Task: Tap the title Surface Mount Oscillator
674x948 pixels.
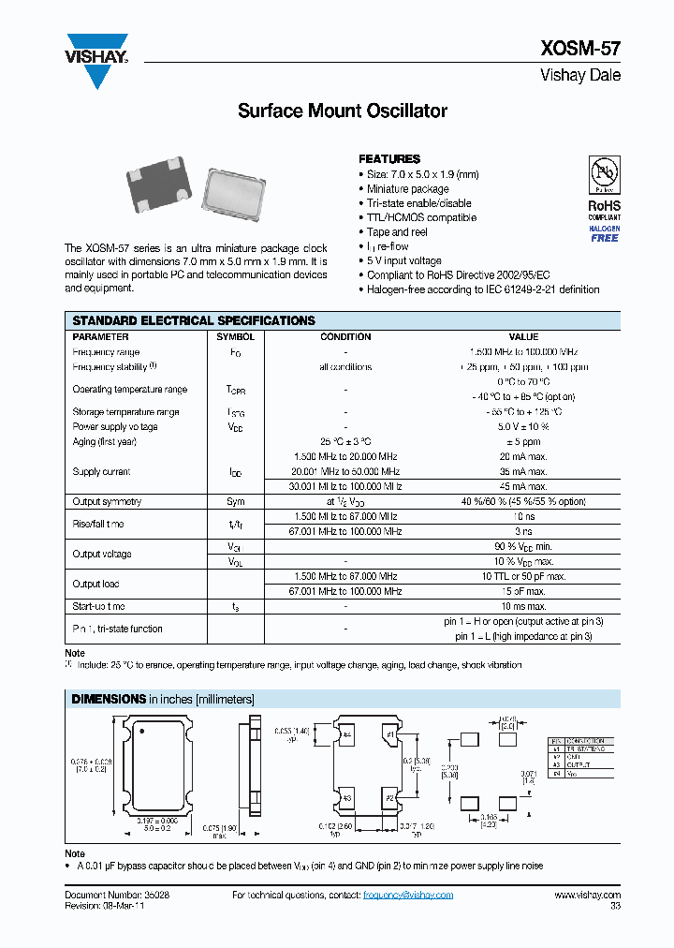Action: [343, 111]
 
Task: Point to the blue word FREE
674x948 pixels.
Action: [604, 238]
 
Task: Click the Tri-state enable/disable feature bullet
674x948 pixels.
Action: [418, 203]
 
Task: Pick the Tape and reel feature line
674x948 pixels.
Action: [397, 232]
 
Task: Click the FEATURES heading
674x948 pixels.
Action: [389, 159]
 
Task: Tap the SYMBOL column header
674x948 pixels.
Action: [235, 336]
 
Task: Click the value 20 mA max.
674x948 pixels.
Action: [523, 456]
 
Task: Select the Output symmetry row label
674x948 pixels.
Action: [107, 502]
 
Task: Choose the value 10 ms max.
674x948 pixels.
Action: [523, 607]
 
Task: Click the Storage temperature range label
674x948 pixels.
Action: [125, 412]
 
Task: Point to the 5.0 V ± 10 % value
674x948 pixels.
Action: [523, 427]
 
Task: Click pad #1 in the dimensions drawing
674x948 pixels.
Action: [389, 735]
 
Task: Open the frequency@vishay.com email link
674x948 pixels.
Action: [407, 895]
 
